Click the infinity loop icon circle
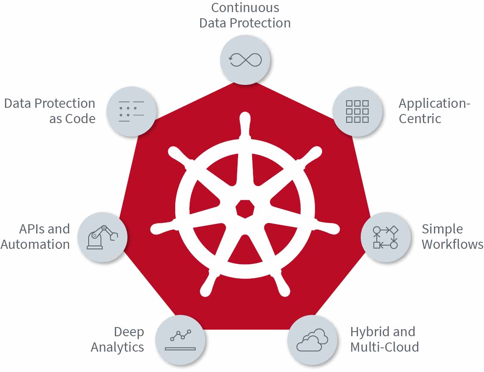click(x=245, y=60)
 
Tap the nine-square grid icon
click(x=357, y=112)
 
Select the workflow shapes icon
click(x=385, y=237)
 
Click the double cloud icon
click(x=313, y=340)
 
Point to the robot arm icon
click(x=102, y=237)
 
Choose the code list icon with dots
click(x=132, y=112)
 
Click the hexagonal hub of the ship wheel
click(x=245, y=209)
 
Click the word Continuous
click(x=245, y=8)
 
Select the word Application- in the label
click(x=434, y=104)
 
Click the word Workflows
click(x=452, y=244)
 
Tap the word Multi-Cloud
click(x=385, y=347)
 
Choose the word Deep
click(x=129, y=332)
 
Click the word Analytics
click(x=117, y=347)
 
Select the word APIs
click(x=32, y=229)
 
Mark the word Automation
click(x=35, y=244)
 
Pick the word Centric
click(x=420, y=119)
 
